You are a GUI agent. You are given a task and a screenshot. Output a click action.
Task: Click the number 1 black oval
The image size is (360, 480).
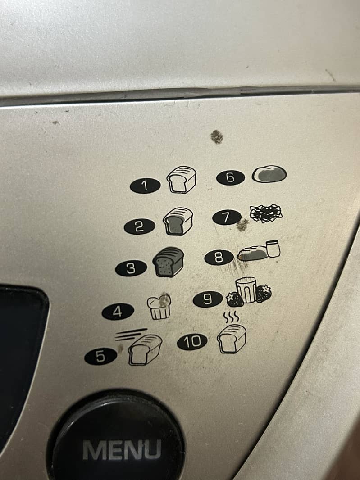[145, 185]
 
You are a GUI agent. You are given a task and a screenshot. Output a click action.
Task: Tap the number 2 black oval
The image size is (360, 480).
[139, 226]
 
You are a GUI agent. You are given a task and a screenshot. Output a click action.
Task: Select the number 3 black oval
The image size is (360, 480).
[131, 268]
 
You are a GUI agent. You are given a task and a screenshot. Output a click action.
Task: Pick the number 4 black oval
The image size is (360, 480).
[118, 312]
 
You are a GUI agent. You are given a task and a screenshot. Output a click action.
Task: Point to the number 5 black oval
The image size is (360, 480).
[100, 357]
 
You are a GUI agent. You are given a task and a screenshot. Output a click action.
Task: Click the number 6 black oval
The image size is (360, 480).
[230, 177]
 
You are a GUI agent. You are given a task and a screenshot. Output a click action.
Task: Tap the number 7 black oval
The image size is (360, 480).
[227, 217]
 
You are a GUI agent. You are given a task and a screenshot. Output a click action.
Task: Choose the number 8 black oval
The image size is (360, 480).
[219, 258]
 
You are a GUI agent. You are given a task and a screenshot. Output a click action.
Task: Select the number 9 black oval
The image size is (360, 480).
[208, 299]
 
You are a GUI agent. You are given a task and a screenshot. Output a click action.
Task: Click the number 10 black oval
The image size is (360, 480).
[192, 342]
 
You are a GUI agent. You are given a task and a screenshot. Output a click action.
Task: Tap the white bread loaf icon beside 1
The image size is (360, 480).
[182, 179]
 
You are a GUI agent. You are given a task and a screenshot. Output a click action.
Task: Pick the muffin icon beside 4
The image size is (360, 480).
[159, 308]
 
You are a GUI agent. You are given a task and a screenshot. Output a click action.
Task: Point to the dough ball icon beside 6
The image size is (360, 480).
[269, 173]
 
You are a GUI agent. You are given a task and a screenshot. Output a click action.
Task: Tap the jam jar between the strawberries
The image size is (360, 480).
[246, 290]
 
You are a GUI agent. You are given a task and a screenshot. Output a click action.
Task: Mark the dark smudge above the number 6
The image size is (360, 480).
[217, 136]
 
